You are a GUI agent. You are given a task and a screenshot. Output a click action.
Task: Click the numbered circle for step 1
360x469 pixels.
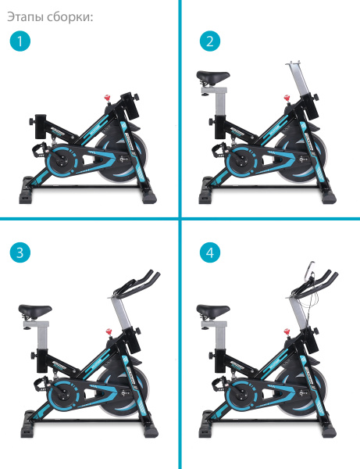pos(20,41)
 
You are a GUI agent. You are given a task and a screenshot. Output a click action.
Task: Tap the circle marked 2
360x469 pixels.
pos(210,41)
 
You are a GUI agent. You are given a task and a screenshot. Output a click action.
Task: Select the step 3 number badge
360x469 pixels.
pos(20,252)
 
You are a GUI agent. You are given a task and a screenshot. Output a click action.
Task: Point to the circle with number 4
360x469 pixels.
pos(210,252)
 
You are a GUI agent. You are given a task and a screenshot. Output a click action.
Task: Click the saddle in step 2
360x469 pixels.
pos(213,77)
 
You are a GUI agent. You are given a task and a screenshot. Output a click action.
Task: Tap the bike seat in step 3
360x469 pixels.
pos(35,311)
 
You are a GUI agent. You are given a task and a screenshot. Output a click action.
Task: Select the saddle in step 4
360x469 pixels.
pos(213,311)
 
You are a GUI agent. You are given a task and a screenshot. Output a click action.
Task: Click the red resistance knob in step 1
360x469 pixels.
pos(108,98)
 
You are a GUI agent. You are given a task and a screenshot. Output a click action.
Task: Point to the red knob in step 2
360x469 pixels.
pos(287,98)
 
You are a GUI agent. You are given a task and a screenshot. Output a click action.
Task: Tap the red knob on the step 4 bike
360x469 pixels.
pos(287,332)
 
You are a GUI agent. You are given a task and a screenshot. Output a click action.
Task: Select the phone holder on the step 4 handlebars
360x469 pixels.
pos(310,270)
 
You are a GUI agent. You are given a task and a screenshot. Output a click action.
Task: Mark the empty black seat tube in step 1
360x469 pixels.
pos(41,126)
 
